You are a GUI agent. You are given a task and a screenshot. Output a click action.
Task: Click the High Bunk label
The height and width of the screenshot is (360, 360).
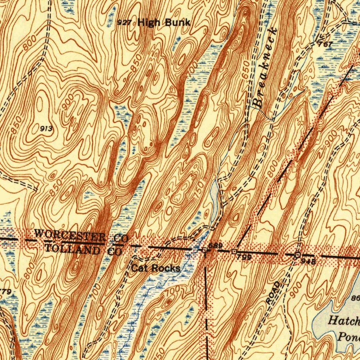coord(164,23)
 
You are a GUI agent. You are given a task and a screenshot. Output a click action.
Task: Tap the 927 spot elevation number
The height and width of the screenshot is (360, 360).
coord(124,23)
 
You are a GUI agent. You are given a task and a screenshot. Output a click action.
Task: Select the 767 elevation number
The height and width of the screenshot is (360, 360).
coord(325,45)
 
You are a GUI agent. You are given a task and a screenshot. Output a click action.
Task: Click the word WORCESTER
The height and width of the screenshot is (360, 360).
coord(70,235)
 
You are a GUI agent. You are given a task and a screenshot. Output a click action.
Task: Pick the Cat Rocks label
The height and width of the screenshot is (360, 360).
coord(156,268)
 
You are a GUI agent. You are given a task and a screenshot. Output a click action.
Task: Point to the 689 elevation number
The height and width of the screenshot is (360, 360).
coord(215,246)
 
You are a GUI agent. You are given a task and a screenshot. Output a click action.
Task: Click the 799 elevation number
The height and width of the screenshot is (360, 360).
coord(244,257)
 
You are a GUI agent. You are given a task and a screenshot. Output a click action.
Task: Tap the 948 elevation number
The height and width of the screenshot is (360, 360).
coord(308,261)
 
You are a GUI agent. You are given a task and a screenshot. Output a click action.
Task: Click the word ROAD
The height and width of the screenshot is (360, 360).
coord(274,293)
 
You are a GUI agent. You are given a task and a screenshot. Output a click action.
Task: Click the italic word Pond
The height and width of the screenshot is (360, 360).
coord(348,336)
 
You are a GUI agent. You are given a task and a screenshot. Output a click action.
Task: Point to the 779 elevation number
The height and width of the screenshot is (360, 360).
coord(6,291)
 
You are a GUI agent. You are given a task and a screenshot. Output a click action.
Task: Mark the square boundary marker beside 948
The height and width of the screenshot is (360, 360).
coord(297,255)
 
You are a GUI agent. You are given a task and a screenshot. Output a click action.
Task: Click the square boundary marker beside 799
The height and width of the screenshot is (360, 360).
coord(234,251)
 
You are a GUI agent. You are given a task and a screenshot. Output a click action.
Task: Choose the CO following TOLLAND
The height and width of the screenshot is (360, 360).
coord(115,252)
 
